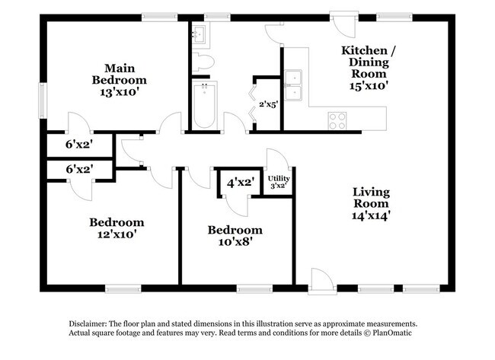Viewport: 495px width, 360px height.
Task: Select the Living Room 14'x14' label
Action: pyautogui.click(x=371, y=203)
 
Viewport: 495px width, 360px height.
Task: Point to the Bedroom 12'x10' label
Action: pyautogui.click(x=116, y=229)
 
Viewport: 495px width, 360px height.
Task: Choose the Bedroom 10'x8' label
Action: pyautogui.click(x=235, y=236)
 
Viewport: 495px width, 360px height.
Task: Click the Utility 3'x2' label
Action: pyautogui.click(x=278, y=181)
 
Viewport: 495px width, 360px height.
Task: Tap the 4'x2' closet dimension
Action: pyautogui.click(x=240, y=183)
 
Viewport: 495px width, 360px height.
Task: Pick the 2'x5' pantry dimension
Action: pyautogui.click(x=268, y=104)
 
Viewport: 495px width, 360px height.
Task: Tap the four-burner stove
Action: pyautogui.click(x=337, y=119)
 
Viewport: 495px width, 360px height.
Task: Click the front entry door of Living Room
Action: pyautogui.click(x=321, y=279)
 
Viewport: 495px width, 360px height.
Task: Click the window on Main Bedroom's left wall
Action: pyautogui.click(x=42, y=97)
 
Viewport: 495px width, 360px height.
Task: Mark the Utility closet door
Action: pyautogui.click(x=274, y=161)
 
